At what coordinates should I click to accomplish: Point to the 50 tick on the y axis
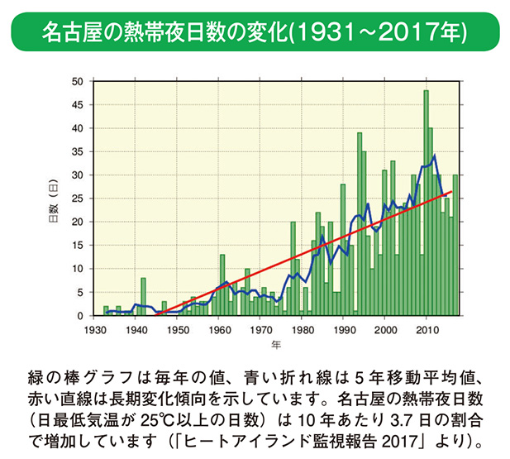point(77,81)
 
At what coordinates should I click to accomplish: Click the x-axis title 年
point(276,342)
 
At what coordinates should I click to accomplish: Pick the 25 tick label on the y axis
point(77,198)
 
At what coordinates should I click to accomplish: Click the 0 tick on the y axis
point(79,316)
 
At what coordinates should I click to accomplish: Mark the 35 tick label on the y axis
point(77,151)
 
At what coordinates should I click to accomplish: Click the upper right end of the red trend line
point(451,192)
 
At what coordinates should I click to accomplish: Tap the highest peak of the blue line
point(434,155)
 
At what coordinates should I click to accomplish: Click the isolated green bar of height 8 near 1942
point(143,298)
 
